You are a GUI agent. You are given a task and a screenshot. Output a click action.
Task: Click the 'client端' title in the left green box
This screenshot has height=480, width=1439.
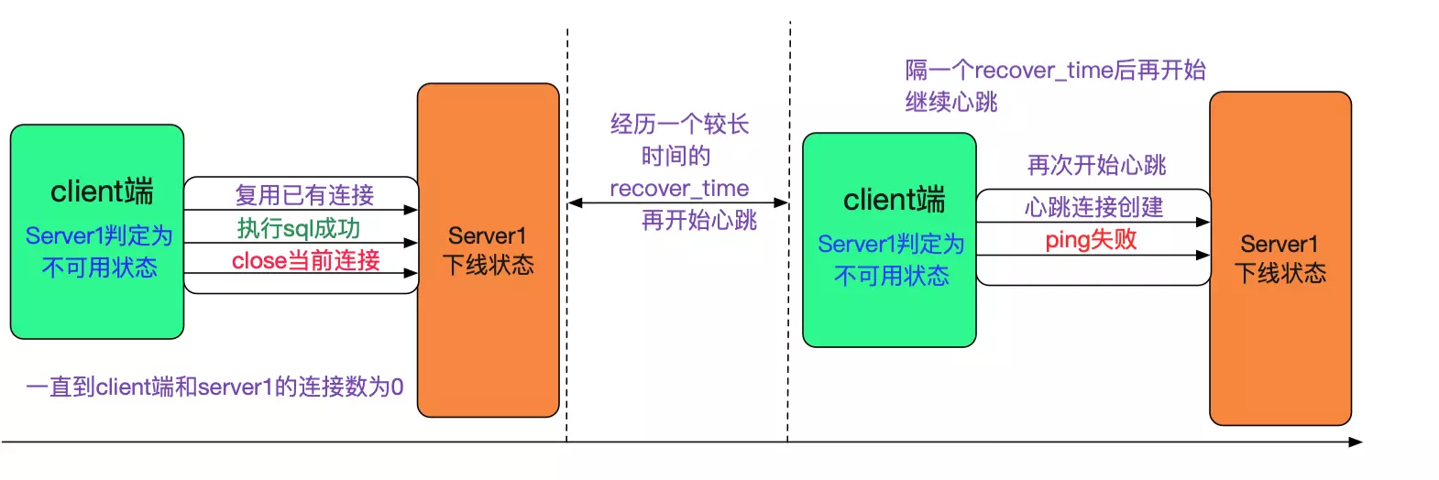point(102,191)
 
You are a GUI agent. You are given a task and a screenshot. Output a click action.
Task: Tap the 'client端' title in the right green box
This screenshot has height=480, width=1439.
point(894,200)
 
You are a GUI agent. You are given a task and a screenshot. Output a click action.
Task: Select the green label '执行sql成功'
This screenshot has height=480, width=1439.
point(299,228)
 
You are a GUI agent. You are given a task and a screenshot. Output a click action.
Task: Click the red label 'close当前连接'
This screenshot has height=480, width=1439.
point(305,260)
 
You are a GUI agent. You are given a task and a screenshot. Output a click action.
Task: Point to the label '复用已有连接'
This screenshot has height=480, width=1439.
point(304,195)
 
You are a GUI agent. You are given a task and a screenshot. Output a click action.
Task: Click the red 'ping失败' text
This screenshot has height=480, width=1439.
point(1091,240)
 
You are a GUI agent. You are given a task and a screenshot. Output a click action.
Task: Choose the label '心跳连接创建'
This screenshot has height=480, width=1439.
point(1093,207)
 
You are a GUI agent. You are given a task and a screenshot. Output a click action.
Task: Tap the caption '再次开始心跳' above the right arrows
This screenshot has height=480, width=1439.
point(1096,165)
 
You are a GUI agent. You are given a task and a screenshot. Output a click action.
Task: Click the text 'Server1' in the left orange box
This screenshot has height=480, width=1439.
point(488,235)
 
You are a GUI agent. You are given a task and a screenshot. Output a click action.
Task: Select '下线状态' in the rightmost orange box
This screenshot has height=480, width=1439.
point(1280,273)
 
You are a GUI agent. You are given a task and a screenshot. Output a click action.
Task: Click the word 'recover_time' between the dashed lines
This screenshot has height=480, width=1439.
point(679,189)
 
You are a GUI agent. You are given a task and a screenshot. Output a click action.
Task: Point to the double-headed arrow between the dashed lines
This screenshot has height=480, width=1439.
point(678,202)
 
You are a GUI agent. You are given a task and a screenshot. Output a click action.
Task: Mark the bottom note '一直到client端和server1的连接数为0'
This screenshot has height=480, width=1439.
point(214,387)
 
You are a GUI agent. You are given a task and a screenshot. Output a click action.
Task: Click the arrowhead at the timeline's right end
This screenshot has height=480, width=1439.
point(1357,442)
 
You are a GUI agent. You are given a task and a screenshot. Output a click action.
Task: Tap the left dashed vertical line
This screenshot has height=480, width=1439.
point(567,275)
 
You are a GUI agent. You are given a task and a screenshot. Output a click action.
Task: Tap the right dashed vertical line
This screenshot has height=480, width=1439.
point(789,275)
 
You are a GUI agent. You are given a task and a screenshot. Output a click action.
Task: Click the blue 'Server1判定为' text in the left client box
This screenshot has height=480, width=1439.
point(99,236)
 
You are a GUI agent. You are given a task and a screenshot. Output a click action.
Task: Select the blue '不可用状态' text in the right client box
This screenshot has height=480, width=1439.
point(891,276)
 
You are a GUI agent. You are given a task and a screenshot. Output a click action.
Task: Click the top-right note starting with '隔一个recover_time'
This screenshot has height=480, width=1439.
point(1055,71)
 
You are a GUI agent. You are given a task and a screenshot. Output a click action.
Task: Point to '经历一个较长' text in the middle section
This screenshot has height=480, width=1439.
point(679,125)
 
